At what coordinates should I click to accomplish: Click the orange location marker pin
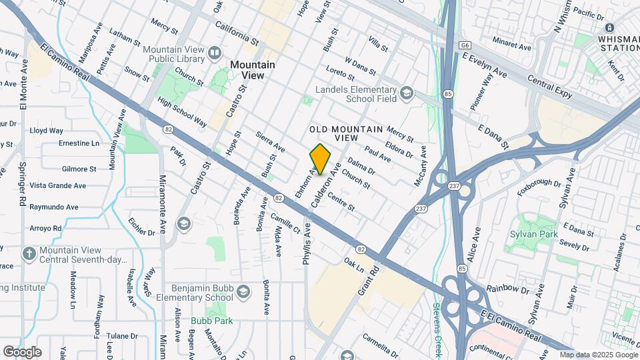(320, 159)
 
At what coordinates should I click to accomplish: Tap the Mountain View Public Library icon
(215, 53)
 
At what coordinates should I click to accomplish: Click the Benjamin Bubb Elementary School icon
(244, 292)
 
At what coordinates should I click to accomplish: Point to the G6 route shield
(465, 45)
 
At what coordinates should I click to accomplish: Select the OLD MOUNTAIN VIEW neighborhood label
(347, 133)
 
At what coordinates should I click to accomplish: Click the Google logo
(22, 351)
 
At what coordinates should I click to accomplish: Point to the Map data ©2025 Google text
(598, 355)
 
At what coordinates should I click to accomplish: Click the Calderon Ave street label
(331, 179)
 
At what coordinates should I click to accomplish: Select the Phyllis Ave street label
(307, 245)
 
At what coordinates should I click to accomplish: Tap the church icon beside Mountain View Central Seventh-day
(28, 253)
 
